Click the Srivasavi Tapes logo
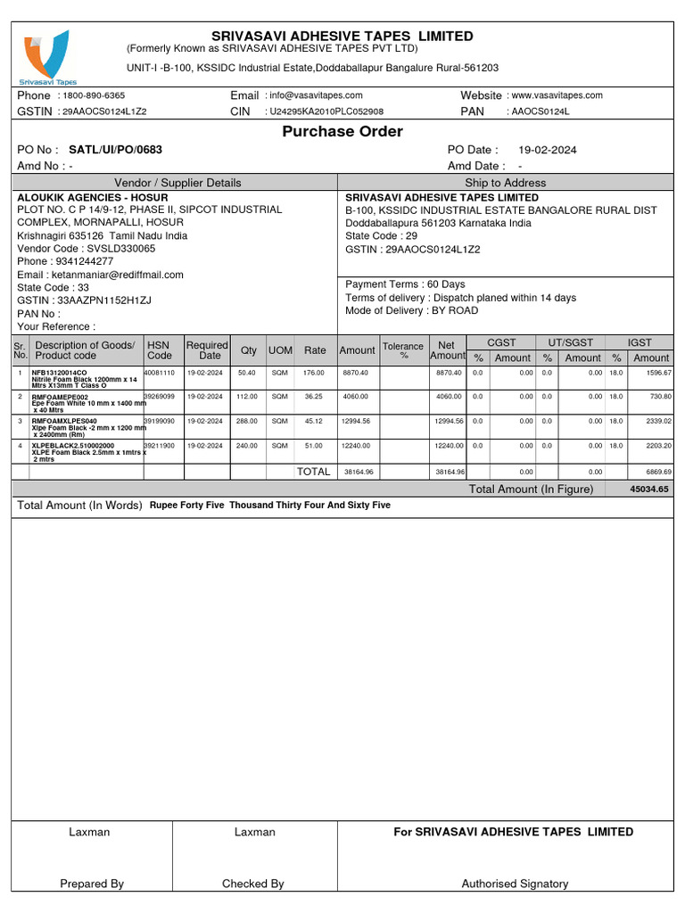[x=45, y=55]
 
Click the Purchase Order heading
[x=342, y=132]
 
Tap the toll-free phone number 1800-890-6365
[x=94, y=95]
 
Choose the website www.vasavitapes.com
[x=557, y=95]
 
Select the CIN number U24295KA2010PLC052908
[x=326, y=111]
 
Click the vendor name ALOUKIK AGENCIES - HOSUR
[x=86, y=197]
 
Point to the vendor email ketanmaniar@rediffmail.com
[x=100, y=275]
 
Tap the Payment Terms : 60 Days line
[x=405, y=284]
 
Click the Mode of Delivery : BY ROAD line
[x=411, y=310]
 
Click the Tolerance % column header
[x=402, y=350]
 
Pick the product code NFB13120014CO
[x=60, y=372]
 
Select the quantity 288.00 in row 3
[x=246, y=420]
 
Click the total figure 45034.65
[x=648, y=489]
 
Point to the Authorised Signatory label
[x=515, y=884]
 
